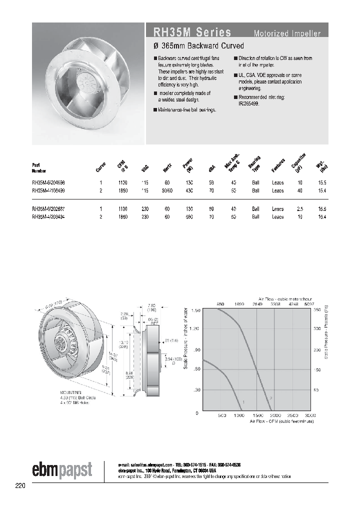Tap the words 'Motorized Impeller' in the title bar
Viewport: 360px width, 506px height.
pos(287,34)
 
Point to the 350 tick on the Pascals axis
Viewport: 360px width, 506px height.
pos(316,310)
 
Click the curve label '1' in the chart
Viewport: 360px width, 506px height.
pos(243,402)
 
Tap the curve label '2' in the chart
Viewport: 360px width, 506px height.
pos(270,398)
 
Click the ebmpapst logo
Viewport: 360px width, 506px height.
pos(62,469)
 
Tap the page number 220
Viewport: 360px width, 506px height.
pos(20,485)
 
